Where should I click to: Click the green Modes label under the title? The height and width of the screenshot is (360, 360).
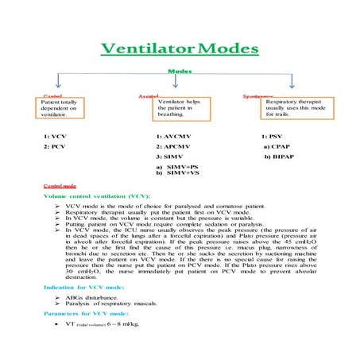pos(180,72)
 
